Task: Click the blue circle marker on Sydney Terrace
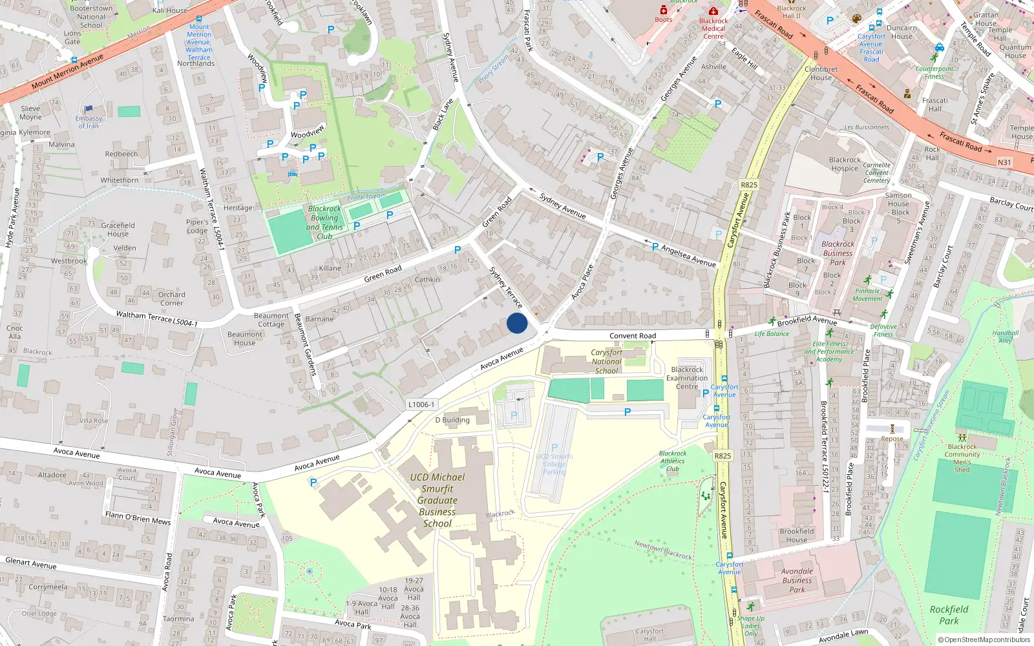click(517, 323)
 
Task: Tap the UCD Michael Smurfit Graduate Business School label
click(437, 500)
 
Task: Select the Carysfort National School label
click(606, 361)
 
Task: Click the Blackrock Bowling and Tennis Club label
click(324, 222)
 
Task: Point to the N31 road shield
click(1004, 162)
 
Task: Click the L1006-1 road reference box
click(421, 404)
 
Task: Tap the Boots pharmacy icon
click(664, 10)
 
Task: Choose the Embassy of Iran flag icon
click(89, 109)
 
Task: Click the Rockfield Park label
click(949, 615)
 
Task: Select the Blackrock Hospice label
click(845, 164)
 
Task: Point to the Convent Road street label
click(632, 336)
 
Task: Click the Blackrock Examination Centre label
click(687, 378)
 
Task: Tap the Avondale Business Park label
click(797, 580)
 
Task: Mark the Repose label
click(892, 439)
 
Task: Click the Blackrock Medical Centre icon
click(713, 12)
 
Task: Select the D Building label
click(452, 420)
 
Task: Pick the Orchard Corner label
click(171, 298)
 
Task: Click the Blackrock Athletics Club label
click(673, 461)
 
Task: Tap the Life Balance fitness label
click(772, 334)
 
